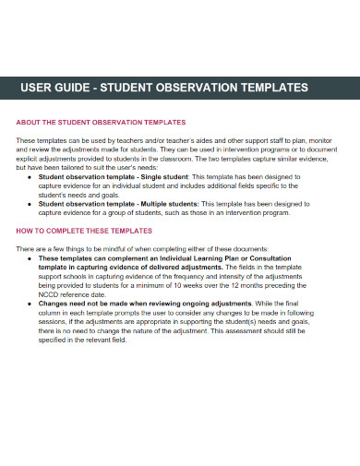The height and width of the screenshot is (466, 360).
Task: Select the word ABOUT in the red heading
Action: [x=30, y=122]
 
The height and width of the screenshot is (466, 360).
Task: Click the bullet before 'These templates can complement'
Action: [x=30, y=257]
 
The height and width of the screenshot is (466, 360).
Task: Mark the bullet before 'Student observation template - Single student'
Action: [x=30, y=175]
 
